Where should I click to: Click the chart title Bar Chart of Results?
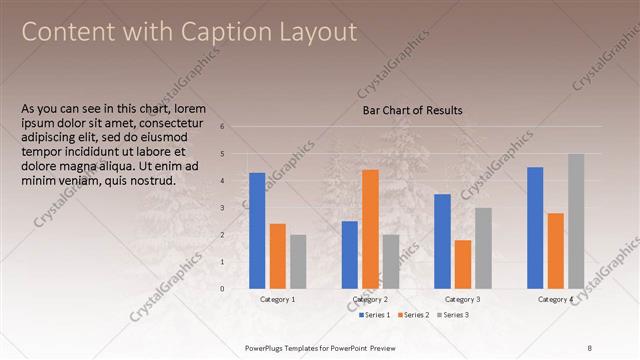pos(412,111)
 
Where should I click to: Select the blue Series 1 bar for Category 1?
pos(257,230)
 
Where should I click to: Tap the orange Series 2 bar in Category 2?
pos(370,228)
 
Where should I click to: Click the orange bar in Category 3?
pos(462,263)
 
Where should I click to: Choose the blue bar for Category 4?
pos(535,227)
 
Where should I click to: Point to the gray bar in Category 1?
pos(298,261)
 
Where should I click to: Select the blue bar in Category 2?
pos(350,254)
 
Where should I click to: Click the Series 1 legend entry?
pos(375,315)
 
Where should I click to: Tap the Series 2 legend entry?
pos(415,315)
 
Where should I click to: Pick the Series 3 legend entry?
pos(455,315)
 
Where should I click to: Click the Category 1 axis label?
pos(278,299)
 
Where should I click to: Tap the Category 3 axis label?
pos(462,299)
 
